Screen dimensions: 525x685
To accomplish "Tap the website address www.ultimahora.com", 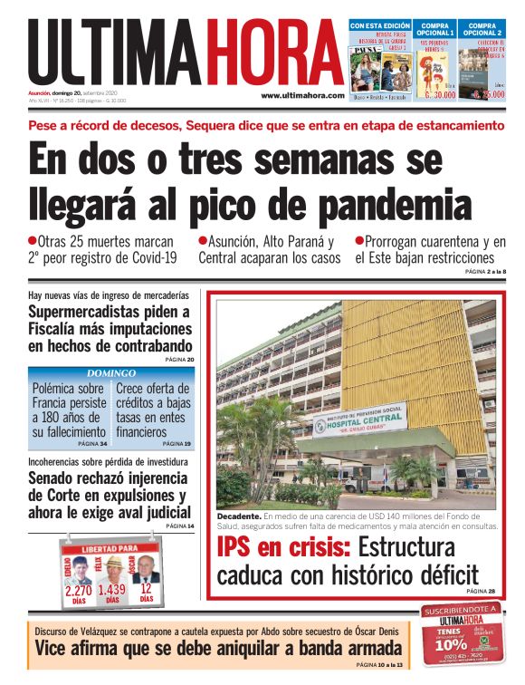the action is coord(302,96).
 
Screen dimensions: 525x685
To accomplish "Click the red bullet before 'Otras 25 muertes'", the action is coord(33,241).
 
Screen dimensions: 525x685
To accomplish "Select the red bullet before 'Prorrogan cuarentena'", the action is coord(359,241).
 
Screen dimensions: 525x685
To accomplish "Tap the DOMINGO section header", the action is coord(111,372).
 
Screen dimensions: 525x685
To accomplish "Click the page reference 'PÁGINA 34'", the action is coord(92,444).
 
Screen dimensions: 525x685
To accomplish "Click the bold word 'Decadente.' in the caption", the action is coord(238,516).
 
